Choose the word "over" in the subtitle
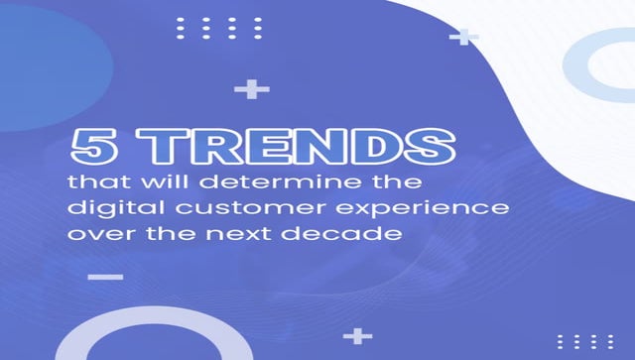(95, 235)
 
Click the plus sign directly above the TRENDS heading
(252, 90)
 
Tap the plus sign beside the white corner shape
(463, 38)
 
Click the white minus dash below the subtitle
(105, 277)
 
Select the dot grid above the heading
(219, 28)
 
